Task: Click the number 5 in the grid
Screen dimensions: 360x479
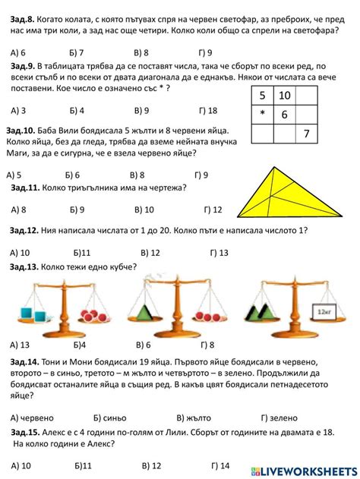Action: click(262, 96)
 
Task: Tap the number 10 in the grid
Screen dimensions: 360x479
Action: click(286, 96)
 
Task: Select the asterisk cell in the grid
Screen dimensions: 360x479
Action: click(262, 115)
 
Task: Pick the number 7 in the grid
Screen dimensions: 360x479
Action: click(307, 134)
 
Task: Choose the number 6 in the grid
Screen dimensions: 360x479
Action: click(284, 115)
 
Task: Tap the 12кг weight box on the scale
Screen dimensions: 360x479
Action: click(325, 310)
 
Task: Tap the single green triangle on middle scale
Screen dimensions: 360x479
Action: click(152, 310)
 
